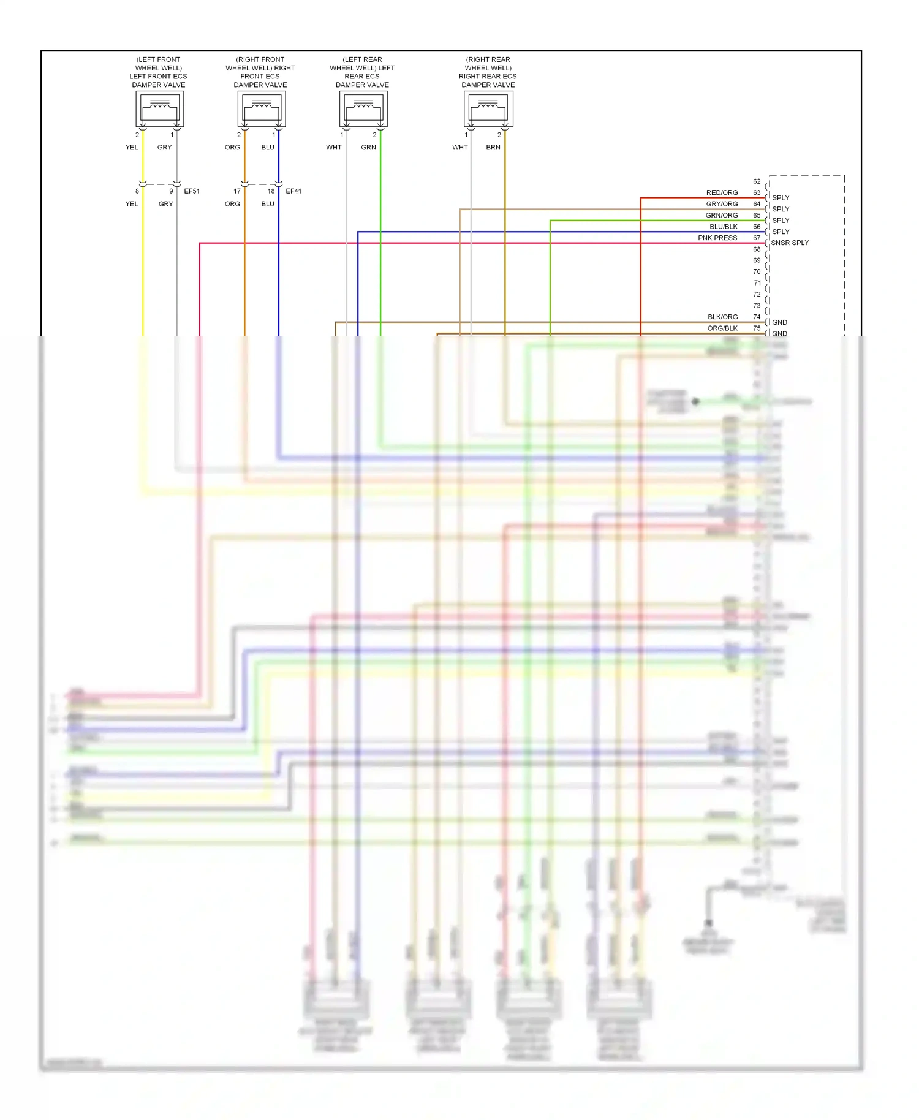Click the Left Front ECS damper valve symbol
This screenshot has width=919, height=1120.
159,110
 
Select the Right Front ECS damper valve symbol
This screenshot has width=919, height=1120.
262,110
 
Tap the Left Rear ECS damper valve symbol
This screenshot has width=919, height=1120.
363,110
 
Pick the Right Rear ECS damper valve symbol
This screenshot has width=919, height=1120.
488,110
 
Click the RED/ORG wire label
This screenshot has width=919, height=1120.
722,192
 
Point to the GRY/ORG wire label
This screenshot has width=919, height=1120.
722,204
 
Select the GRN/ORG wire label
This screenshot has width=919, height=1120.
722,215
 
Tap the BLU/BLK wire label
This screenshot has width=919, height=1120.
724,227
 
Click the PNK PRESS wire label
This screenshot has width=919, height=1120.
717,238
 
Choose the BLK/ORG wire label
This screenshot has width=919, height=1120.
722,317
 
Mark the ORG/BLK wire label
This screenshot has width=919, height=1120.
722,328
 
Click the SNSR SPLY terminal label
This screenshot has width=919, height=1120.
790,243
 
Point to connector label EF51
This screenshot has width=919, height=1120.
192,191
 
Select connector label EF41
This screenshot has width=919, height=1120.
293,191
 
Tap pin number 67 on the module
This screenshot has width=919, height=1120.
757,238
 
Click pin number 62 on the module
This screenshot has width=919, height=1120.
757,181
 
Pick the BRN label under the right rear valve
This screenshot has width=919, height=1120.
493,147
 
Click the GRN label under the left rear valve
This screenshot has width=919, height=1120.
368,147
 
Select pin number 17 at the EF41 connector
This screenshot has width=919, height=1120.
237,191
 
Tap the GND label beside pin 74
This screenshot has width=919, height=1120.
779,322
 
